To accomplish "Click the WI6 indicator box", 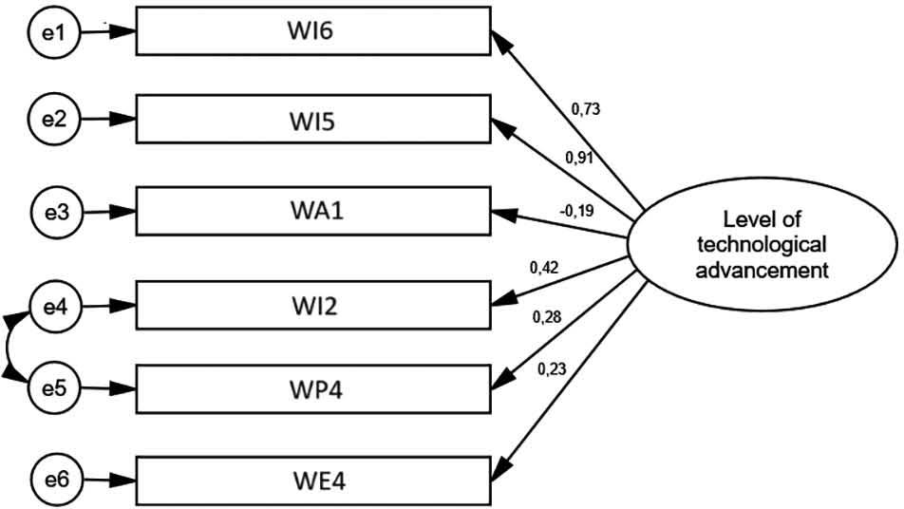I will point(314,33).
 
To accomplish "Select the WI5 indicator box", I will point(314,121).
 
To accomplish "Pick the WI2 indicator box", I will point(314,307).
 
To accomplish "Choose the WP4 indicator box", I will point(314,388).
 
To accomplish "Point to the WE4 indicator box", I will point(314,480).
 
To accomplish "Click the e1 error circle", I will point(54,31).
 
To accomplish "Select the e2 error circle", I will point(54,120).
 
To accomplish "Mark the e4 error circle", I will point(54,307).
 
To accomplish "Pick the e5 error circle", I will point(54,388).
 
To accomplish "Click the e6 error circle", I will point(54,479).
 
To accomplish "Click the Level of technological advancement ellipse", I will point(762,243).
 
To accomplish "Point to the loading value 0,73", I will point(585,111).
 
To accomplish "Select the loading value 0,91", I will point(578,158).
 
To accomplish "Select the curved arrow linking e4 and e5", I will point(9,348).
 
